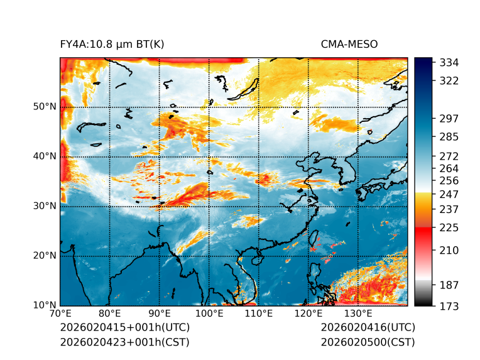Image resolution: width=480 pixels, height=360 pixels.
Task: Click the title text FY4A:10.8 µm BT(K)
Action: click(x=112, y=44)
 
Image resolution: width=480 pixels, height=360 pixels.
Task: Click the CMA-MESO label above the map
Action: click(x=349, y=44)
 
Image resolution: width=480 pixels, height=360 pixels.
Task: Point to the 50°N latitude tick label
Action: click(x=45, y=107)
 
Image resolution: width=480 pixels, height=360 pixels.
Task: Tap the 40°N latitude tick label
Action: click(x=45, y=156)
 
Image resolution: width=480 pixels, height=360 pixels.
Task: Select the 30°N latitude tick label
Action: click(x=45, y=206)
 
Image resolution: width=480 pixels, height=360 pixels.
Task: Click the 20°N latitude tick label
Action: click(x=45, y=256)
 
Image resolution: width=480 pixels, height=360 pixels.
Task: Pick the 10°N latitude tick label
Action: click(x=45, y=305)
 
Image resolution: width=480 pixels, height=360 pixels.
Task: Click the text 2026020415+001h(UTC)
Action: click(x=124, y=327)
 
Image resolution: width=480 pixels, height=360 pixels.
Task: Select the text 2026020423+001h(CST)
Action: click(x=124, y=342)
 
